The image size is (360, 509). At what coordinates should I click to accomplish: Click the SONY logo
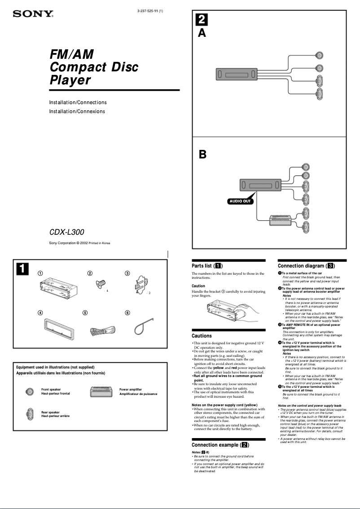click(x=33, y=14)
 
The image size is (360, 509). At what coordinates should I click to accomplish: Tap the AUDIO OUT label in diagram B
click(x=240, y=201)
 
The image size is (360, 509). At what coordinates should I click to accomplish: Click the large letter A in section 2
click(x=202, y=33)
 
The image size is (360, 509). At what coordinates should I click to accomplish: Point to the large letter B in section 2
click(x=202, y=155)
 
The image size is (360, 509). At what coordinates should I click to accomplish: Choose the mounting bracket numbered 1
click(x=58, y=286)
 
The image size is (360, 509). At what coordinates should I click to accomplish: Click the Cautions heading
click(x=202, y=336)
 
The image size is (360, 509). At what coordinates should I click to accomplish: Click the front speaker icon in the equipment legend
click(x=30, y=391)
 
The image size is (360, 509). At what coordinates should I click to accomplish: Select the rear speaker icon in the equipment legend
click(x=30, y=413)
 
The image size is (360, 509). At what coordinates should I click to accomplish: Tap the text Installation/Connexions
click(x=77, y=111)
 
